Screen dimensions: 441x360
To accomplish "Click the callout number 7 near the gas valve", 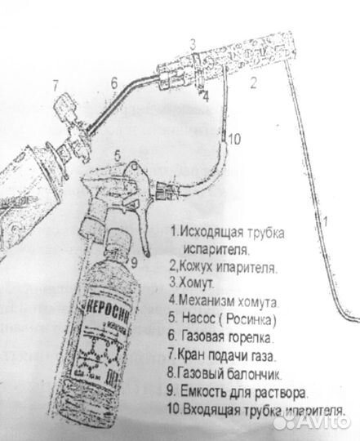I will (55, 84).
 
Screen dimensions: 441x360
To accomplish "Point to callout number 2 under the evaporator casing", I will (253, 81).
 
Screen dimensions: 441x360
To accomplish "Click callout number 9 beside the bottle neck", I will (136, 261).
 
